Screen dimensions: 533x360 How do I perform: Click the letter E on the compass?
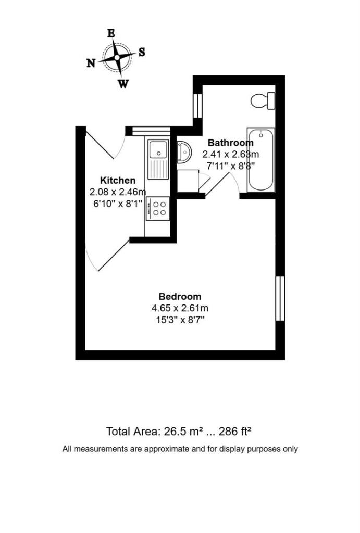110,33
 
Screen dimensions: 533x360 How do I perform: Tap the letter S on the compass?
141,52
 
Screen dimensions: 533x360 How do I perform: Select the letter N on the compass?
91,63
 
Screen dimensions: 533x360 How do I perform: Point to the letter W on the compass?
123,83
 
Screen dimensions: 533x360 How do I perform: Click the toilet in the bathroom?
262,100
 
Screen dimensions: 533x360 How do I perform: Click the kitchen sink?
157,149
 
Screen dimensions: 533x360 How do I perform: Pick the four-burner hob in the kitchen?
158,207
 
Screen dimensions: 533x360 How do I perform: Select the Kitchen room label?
111,180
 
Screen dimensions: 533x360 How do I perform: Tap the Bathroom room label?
230,143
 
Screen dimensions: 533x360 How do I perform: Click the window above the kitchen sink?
151,131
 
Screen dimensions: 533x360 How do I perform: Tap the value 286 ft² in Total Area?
233,432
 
